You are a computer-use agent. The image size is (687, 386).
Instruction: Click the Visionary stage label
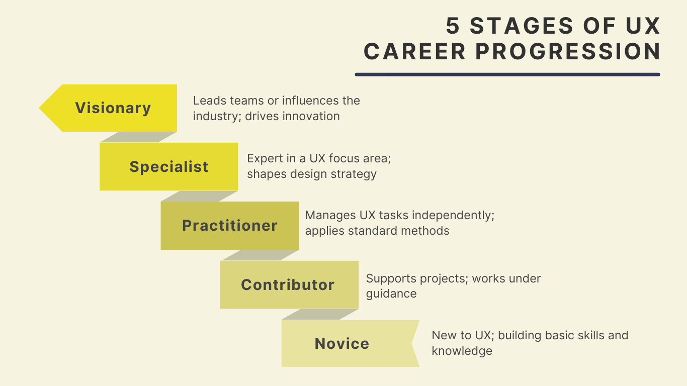click(x=113, y=108)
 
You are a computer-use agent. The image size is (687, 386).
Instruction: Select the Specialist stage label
click(x=169, y=167)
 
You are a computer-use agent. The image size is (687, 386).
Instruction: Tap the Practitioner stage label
click(x=230, y=226)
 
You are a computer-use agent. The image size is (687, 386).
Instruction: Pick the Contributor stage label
click(x=288, y=285)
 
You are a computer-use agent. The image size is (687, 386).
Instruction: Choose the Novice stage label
click(x=342, y=344)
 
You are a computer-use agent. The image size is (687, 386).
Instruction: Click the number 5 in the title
click(x=453, y=27)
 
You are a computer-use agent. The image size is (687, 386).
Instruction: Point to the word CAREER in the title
click(x=415, y=52)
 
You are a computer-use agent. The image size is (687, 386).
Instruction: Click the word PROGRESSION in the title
click(x=568, y=52)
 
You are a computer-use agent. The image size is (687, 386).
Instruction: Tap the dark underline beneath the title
click(x=507, y=74)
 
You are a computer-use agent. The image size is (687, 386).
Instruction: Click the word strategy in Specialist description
click(x=354, y=174)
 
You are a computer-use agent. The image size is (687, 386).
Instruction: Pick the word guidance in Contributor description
click(x=391, y=294)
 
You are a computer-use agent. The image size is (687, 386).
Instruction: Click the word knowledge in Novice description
click(x=462, y=351)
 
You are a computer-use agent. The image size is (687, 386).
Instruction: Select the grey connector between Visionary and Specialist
click(x=138, y=137)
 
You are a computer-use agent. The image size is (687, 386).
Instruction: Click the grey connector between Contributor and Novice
click(x=320, y=314)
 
